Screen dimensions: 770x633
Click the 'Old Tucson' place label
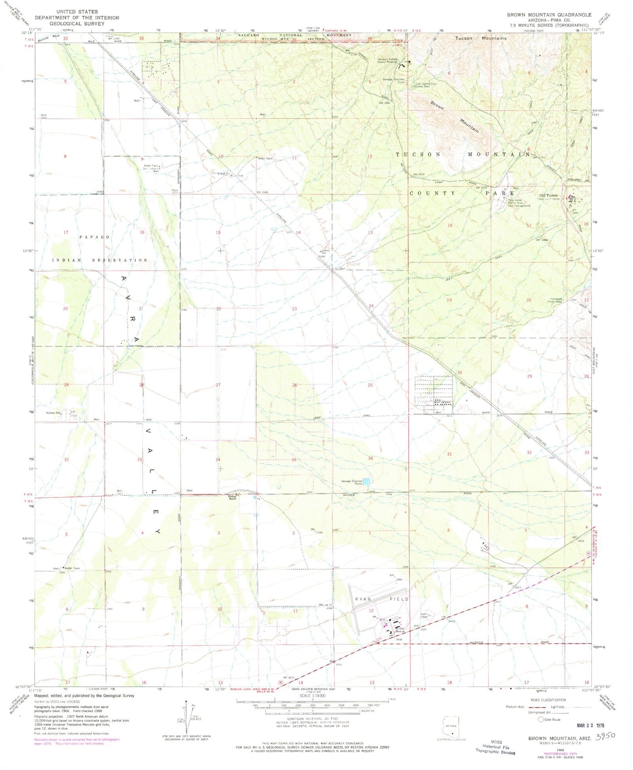point(548,195)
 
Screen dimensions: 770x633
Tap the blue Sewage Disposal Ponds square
point(366,482)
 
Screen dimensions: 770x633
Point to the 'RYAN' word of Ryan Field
point(363,599)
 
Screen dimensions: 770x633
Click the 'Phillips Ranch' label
point(232,497)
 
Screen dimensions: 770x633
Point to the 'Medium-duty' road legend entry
point(516,707)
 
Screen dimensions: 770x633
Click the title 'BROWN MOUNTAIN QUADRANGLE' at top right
point(549,14)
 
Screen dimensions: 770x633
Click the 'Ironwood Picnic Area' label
point(556,301)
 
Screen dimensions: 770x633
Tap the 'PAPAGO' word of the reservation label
point(95,237)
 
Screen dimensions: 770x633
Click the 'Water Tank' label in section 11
point(265,158)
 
